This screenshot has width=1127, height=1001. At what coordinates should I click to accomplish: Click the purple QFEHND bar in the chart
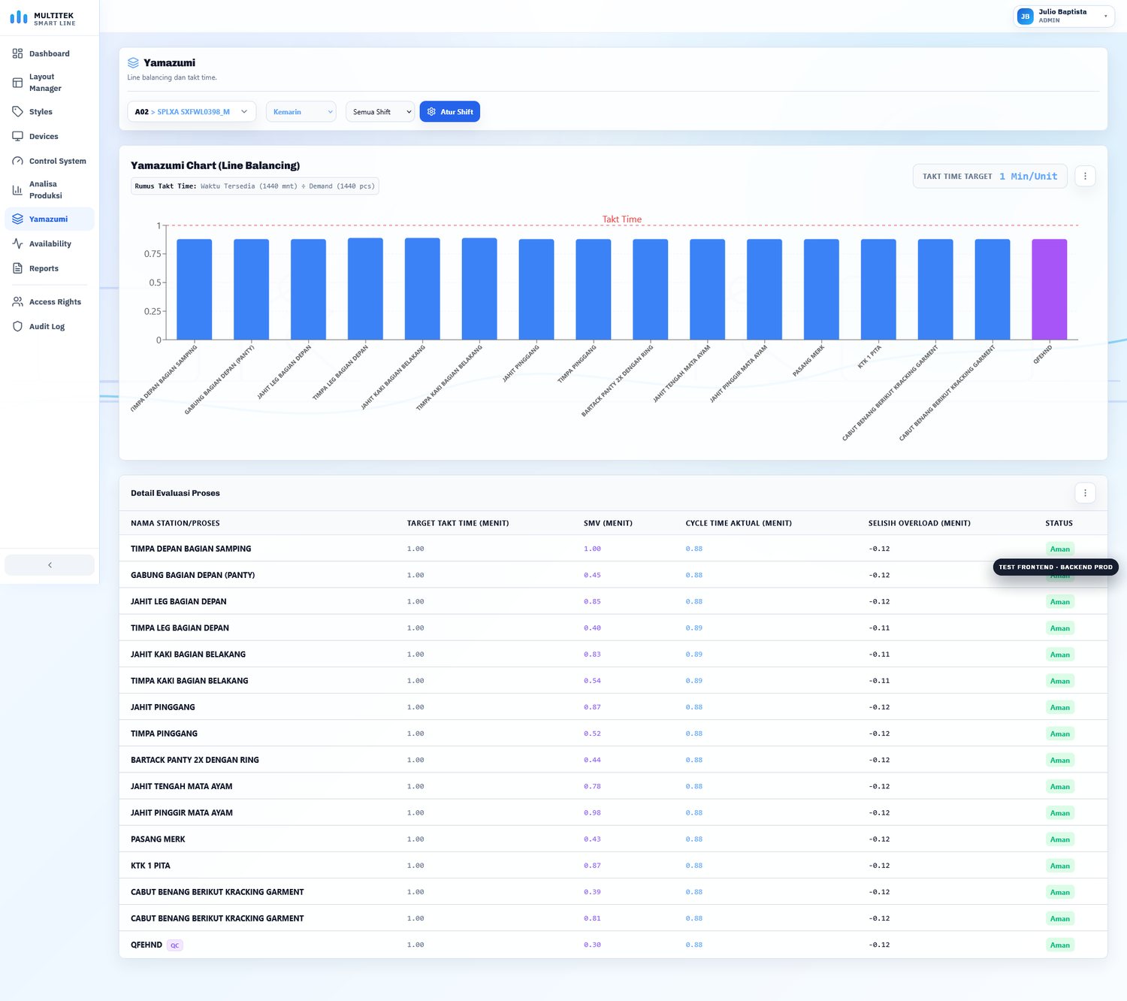[1049, 289]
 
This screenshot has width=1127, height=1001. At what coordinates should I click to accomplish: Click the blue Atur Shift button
[449, 112]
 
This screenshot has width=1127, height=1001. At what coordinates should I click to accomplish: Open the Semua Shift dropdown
[380, 112]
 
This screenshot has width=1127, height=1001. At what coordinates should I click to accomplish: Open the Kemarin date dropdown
[301, 112]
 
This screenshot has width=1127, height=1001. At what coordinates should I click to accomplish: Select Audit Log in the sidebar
[47, 327]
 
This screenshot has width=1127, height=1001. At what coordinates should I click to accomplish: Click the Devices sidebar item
[44, 136]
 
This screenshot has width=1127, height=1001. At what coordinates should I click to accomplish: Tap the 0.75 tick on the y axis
[153, 254]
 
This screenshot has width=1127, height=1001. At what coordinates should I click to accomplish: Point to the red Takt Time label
[622, 219]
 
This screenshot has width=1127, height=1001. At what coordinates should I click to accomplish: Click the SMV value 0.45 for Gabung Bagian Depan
[592, 575]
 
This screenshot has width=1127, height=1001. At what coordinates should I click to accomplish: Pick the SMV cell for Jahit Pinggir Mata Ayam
[592, 812]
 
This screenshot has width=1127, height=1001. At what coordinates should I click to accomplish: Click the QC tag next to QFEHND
[174, 945]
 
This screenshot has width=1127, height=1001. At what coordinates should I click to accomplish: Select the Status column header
[1059, 523]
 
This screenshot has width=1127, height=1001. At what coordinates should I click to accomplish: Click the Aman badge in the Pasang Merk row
[1059, 839]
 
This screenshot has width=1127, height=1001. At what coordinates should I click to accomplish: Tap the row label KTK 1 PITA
[150, 865]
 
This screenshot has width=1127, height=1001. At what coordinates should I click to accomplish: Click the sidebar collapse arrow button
[50, 565]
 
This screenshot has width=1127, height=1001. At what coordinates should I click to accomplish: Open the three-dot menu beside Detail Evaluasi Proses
[1085, 493]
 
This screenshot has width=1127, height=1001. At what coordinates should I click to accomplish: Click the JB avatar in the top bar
[1025, 16]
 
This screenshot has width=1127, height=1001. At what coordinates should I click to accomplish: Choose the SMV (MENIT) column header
[607, 523]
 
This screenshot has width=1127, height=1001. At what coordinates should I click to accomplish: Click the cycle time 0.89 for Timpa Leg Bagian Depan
[693, 628]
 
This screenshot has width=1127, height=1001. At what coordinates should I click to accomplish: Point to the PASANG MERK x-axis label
[808, 361]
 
